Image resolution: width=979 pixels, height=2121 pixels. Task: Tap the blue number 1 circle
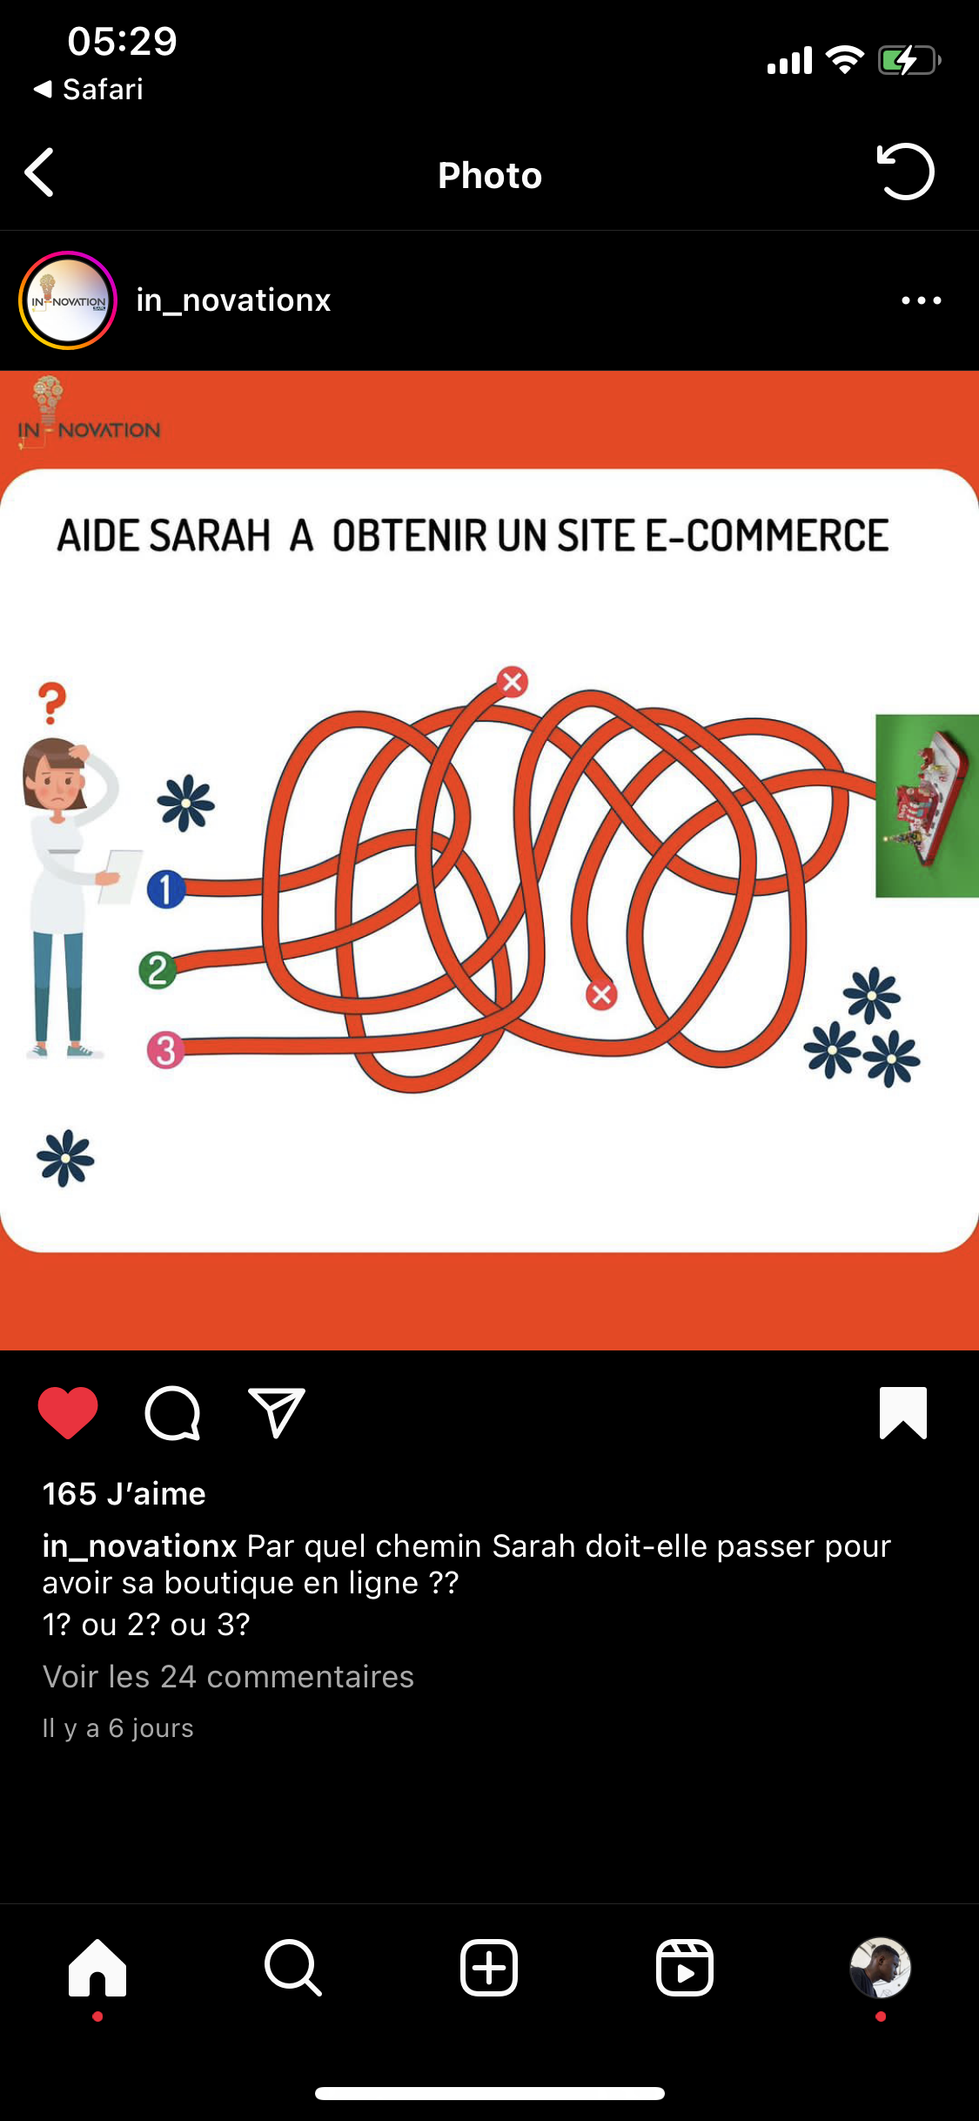165,889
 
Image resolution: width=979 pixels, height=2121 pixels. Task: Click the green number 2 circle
158,970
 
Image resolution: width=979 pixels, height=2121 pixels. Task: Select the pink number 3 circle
165,1050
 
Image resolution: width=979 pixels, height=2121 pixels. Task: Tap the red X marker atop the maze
513,682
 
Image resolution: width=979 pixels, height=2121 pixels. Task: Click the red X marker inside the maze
601,994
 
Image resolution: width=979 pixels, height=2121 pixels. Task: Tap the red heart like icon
68,1412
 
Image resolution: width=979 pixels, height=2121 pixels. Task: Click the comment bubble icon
172,1412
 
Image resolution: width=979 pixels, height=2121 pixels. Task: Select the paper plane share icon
277,1412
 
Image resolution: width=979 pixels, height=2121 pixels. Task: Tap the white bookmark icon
903,1412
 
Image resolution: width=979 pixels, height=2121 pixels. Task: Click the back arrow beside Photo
40,172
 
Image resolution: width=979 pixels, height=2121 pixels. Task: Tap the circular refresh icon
905,172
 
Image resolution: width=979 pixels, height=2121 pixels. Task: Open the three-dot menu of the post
922,300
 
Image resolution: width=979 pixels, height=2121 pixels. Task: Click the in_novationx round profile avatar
68,300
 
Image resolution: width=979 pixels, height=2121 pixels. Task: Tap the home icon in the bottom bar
97,1968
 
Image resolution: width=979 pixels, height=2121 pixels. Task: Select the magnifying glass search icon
293,1968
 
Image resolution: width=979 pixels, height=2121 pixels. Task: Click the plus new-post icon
489,1968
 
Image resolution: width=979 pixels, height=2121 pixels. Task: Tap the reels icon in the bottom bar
685,1968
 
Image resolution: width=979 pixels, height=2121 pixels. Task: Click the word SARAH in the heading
210,535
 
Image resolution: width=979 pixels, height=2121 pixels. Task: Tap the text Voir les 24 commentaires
228,1677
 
